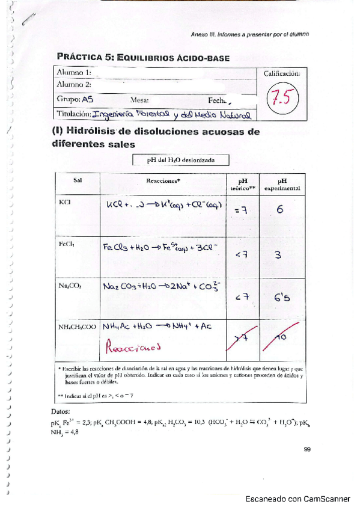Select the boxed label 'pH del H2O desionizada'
180,160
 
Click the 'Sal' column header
78,180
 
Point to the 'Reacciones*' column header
163,180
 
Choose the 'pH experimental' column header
282,183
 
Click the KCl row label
65,202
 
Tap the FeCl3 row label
67,245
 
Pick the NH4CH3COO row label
78,327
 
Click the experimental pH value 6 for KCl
280,210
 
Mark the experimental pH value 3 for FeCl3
278,255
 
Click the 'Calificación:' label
282,73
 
